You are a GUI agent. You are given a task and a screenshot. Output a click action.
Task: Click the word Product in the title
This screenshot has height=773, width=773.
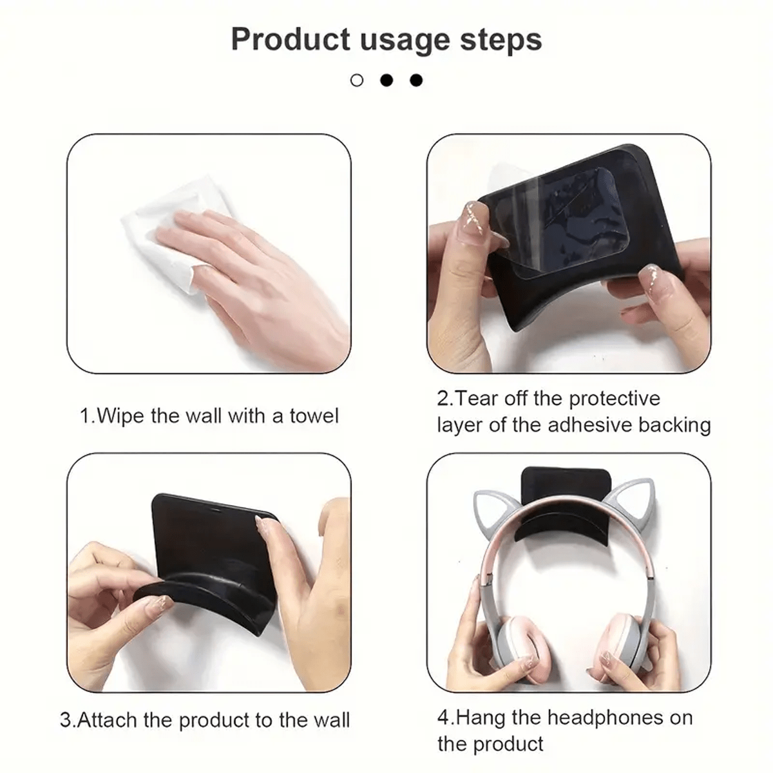tap(291, 39)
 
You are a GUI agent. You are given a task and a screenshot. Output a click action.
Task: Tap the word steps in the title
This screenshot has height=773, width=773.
tap(501, 40)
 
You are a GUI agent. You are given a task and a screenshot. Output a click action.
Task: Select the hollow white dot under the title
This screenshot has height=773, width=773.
tap(357, 81)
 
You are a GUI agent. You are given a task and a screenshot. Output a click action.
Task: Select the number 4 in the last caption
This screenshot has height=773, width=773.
tap(444, 718)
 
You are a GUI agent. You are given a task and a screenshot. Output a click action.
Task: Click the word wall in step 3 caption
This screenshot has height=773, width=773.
tap(332, 720)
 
